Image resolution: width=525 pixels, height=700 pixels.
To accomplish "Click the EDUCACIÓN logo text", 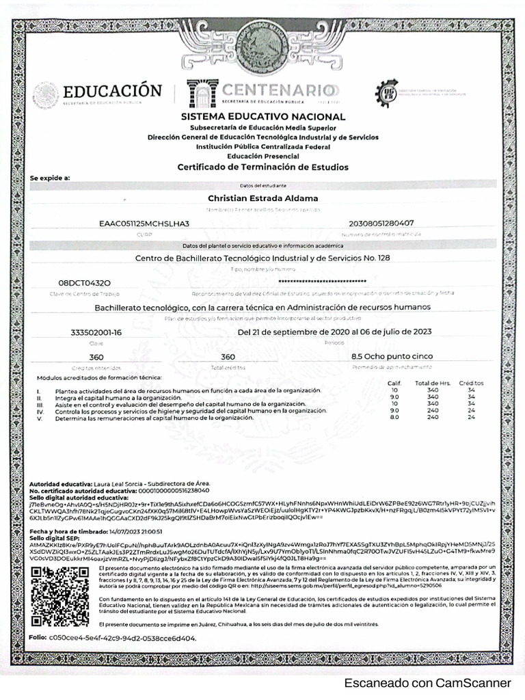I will (112, 92).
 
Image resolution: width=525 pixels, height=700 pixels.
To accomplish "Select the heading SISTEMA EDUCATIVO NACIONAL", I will (263, 117).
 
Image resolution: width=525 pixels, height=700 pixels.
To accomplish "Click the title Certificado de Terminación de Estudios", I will (263, 167).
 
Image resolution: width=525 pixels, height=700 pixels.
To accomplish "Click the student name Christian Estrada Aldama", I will (263, 198).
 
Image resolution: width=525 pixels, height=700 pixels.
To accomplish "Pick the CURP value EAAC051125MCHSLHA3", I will (144, 223).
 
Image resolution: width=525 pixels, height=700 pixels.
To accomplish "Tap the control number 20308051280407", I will (381, 223).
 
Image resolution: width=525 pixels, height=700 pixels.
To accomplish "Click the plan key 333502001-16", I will (96, 332).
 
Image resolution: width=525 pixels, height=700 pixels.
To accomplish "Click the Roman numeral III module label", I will (40, 403).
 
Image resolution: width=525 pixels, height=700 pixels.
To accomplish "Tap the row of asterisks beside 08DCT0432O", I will (323, 282).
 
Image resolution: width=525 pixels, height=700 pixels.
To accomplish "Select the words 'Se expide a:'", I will (51, 178).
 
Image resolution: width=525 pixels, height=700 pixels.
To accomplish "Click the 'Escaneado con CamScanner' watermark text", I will (427, 683).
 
